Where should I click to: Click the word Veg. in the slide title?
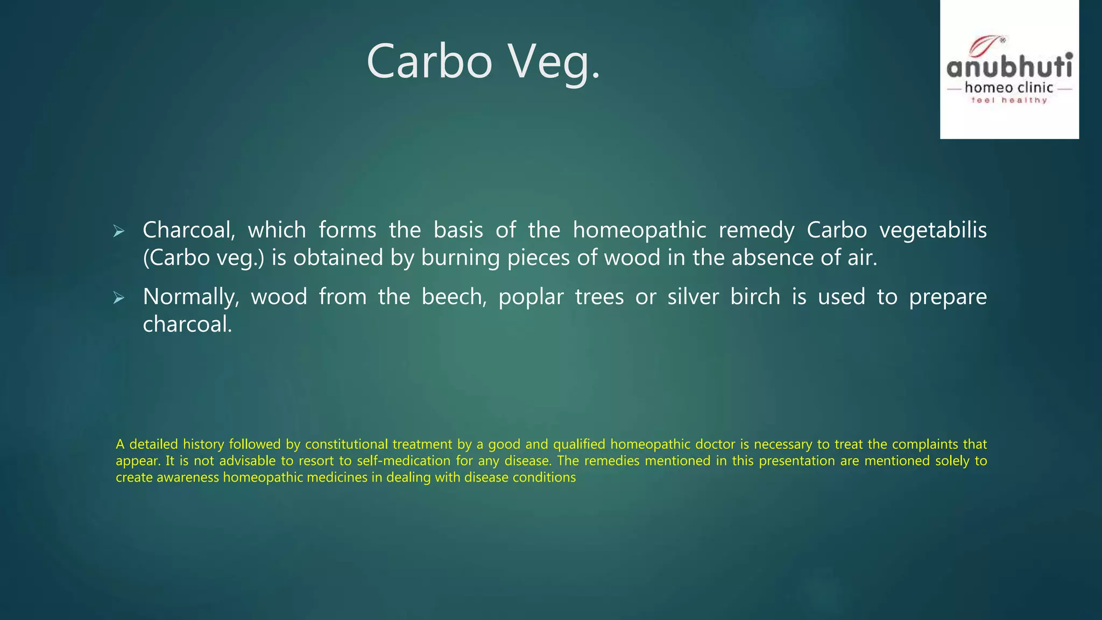pyautogui.click(x=554, y=62)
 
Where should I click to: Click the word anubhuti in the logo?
pyautogui.click(x=1009, y=67)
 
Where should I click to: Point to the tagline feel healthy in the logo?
pyautogui.click(x=1009, y=100)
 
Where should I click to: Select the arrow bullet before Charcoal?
pyautogui.click(x=119, y=232)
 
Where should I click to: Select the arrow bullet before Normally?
pyautogui.click(x=119, y=298)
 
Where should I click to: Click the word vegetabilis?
pyautogui.click(x=933, y=230)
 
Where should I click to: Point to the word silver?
pyautogui.click(x=693, y=297)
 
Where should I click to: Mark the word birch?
pyautogui.click(x=755, y=297)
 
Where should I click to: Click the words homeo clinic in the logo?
pyautogui.click(x=1009, y=88)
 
